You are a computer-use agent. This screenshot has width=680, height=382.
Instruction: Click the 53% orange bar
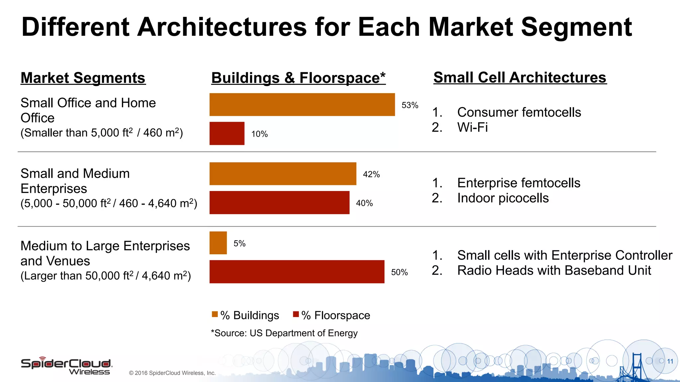pos(302,104)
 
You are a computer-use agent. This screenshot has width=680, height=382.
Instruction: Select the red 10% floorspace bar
pos(227,133)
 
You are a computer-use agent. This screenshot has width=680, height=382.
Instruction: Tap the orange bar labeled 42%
pos(283,174)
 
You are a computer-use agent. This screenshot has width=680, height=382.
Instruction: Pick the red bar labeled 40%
pos(279,203)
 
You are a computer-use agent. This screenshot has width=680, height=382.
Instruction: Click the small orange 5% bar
pos(218,243)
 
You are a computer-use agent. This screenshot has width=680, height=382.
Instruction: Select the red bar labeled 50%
pos(297,272)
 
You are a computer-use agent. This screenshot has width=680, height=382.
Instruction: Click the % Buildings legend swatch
pos(215,314)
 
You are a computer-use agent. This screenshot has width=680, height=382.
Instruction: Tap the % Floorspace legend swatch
pos(296,314)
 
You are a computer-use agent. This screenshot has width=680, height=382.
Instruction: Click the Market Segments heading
pos(83,78)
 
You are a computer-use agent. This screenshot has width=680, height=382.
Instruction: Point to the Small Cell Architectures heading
pos(520,78)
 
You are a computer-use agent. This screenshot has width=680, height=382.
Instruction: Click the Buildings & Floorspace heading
pos(298,78)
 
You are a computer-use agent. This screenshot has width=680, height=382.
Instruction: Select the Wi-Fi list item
pos(472,127)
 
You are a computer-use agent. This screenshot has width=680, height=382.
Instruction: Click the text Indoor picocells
pos(503,198)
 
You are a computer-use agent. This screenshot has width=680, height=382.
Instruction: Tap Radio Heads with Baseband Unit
pos(554,270)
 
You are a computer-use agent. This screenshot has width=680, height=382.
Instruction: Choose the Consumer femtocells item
pos(519,112)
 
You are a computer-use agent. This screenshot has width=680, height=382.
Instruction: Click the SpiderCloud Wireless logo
pos(66,366)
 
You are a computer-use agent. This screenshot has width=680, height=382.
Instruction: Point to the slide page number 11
pos(670,361)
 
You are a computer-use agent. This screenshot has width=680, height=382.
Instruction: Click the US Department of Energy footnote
pos(284,333)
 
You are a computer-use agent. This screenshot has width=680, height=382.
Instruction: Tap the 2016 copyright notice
pos(172,373)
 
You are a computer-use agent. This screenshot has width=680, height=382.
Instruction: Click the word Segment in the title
pos(576,27)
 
